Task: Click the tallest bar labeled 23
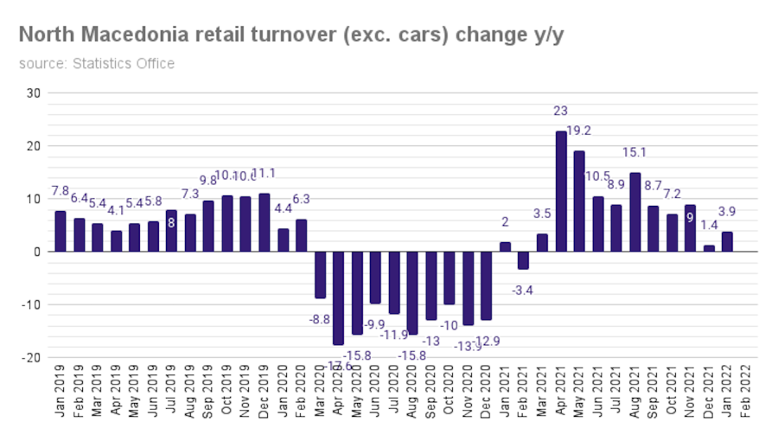point(561,191)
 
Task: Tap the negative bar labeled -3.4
point(524,260)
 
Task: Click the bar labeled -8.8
point(320,275)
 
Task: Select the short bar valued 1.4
point(710,248)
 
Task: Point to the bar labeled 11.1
point(265,222)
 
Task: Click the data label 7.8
point(61,190)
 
